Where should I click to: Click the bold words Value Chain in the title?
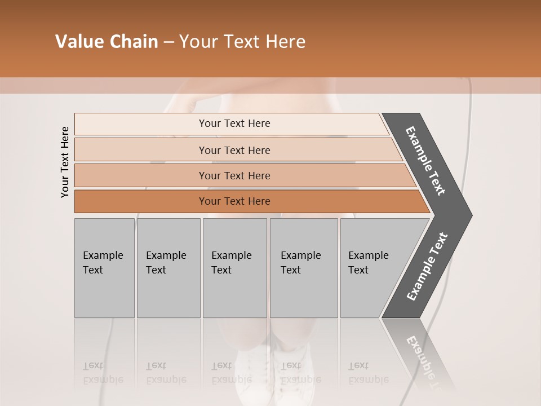pyautogui.click(x=107, y=42)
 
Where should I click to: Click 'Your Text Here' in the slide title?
pyautogui.click(x=242, y=42)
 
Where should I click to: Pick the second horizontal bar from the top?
pyautogui.click(x=234, y=150)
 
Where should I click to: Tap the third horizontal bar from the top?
pyautogui.click(x=234, y=175)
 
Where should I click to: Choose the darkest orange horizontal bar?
pyautogui.click(x=234, y=201)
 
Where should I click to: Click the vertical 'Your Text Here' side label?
pyautogui.click(x=65, y=162)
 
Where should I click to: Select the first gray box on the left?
pyautogui.click(x=104, y=267)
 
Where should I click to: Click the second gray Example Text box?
pyautogui.click(x=168, y=267)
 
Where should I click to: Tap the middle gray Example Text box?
pyautogui.click(x=234, y=267)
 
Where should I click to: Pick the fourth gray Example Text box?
pyautogui.click(x=303, y=267)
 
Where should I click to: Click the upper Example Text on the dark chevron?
pyautogui.click(x=425, y=161)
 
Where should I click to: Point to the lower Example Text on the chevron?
pyautogui.click(x=427, y=267)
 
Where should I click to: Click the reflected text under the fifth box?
pyautogui.click(x=368, y=373)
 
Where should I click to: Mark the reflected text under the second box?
pyautogui.click(x=166, y=373)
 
